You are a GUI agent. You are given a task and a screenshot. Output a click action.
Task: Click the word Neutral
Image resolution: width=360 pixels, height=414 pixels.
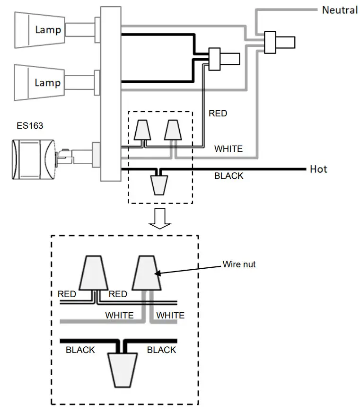click(x=340, y=10)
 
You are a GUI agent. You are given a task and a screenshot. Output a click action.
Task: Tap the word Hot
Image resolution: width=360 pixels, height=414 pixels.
click(x=318, y=169)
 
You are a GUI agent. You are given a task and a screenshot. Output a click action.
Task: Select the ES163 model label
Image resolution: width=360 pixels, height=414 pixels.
click(x=30, y=126)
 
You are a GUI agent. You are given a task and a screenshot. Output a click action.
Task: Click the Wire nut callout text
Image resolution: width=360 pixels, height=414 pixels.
click(x=239, y=264)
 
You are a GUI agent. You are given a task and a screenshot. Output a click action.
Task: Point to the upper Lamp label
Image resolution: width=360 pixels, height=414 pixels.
click(x=48, y=30)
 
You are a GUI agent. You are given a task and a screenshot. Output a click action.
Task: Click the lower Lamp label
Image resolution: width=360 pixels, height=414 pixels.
click(x=48, y=83)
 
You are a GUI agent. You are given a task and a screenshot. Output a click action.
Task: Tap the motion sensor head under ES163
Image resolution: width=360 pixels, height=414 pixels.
click(x=34, y=160)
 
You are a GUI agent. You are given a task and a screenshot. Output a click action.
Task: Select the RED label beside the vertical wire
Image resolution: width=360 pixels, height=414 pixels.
click(x=218, y=113)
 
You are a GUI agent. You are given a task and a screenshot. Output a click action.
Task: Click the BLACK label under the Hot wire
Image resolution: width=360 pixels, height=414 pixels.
click(x=229, y=176)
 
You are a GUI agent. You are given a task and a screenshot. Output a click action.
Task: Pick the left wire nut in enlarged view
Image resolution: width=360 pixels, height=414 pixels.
click(x=94, y=273)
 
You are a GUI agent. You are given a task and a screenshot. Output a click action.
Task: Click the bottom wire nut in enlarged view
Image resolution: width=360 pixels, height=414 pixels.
click(x=122, y=370)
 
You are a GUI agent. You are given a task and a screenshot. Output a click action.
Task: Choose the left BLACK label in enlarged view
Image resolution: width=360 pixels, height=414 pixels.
click(x=80, y=350)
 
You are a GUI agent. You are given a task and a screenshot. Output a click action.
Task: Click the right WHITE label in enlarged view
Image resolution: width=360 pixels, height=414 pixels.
click(x=170, y=315)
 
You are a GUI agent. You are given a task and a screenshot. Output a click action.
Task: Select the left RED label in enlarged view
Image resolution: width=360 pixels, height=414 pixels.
click(x=67, y=294)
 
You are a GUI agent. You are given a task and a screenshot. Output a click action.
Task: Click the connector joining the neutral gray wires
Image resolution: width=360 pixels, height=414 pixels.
click(x=270, y=43)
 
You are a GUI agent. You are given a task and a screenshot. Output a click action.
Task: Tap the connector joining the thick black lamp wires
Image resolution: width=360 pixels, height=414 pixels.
click(x=215, y=59)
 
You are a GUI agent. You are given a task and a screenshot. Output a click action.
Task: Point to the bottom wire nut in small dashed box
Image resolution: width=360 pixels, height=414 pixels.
click(x=159, y=185)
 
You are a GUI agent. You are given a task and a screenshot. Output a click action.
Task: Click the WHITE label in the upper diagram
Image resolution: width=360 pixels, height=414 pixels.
click(x=228, y=149)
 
